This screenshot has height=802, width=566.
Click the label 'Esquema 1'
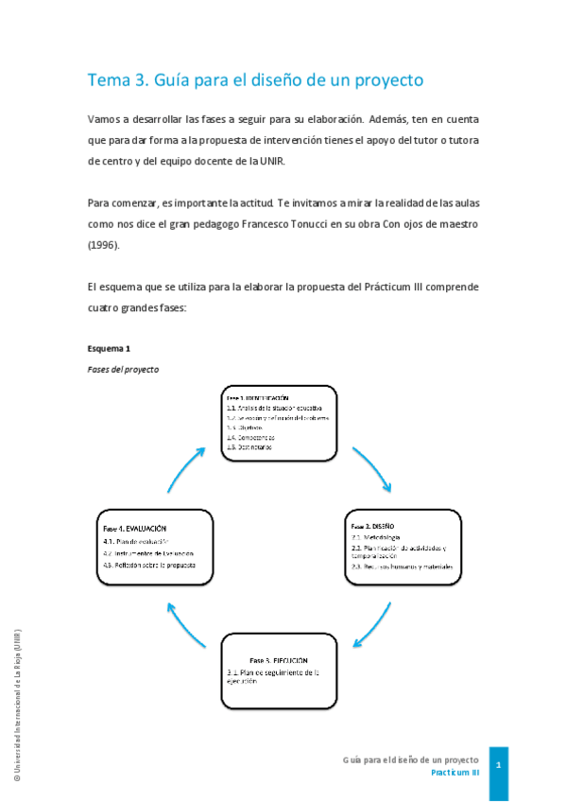click(109, 348)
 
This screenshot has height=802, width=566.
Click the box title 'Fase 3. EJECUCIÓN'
click(279, 659)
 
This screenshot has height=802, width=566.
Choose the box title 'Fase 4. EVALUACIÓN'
click(135, 527)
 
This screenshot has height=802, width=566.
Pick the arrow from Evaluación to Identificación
click(186, 470)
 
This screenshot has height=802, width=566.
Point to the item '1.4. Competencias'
click(250, 437)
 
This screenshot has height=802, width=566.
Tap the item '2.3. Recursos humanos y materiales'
click(402, 567)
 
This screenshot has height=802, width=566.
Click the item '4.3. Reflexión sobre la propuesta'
click(149, 565)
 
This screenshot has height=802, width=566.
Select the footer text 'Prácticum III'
click(455, 773)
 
